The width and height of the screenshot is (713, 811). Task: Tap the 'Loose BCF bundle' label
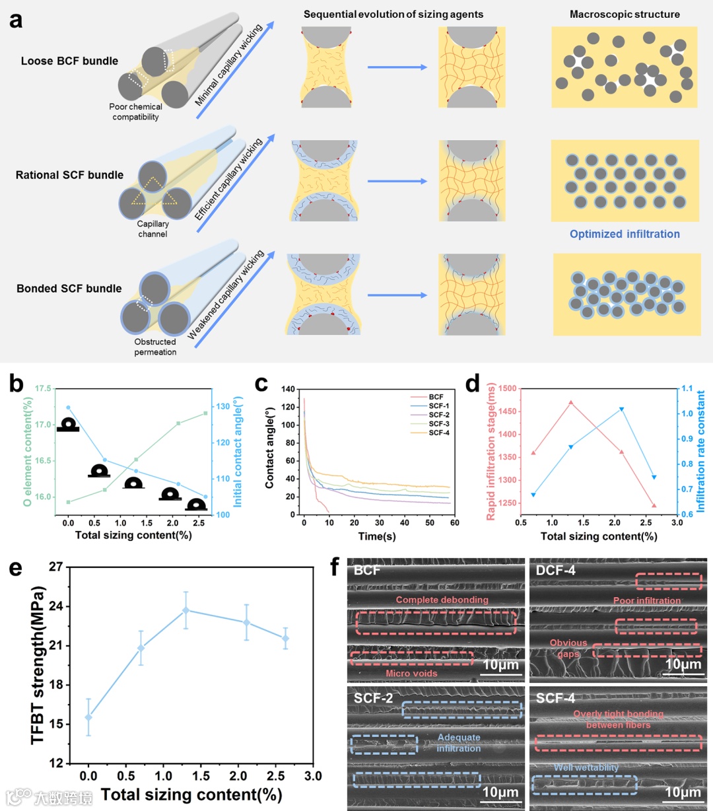[x=69, y=61]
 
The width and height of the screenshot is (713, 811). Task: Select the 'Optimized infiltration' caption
[x=625, y=234]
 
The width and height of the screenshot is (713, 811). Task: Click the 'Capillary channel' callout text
[x=153, y=229]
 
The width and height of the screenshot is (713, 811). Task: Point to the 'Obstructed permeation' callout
[x=155, y=347]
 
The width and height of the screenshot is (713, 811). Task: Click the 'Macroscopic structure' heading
[x=625, y=14]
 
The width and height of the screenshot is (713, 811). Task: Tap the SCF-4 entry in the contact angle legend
[x=439, y=433]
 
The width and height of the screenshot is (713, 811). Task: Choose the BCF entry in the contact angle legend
[x=436, y=397]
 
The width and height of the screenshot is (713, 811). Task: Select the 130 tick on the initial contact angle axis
[x=222, y=406]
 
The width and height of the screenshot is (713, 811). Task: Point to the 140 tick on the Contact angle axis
[x=288, y=389]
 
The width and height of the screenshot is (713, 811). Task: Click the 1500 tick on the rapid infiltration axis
[x=507, y=388]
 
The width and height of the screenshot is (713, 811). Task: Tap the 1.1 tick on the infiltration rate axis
[x=687, y=388]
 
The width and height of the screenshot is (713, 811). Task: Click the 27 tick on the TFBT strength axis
[x=56, y=567]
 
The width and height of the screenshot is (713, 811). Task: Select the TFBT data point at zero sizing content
[x=88, y=717]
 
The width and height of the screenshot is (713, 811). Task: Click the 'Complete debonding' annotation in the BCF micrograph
[x=442, y=600]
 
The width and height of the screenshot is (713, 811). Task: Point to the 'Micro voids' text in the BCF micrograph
[x=411, y=673]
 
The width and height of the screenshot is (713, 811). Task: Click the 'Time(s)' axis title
[x=377, y=536]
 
